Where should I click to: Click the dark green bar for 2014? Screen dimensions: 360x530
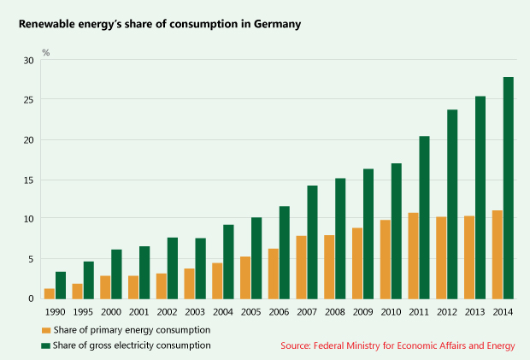[509, 188]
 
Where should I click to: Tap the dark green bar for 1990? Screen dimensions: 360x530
[61, 285]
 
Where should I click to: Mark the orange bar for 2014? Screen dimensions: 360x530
[498, 254]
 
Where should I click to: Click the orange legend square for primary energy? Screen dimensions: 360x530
[45, 329]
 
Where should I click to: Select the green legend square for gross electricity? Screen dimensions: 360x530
[45, 345]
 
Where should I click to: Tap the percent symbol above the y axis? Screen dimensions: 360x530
[46, 53]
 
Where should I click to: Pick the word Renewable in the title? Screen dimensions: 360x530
[47, 24]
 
